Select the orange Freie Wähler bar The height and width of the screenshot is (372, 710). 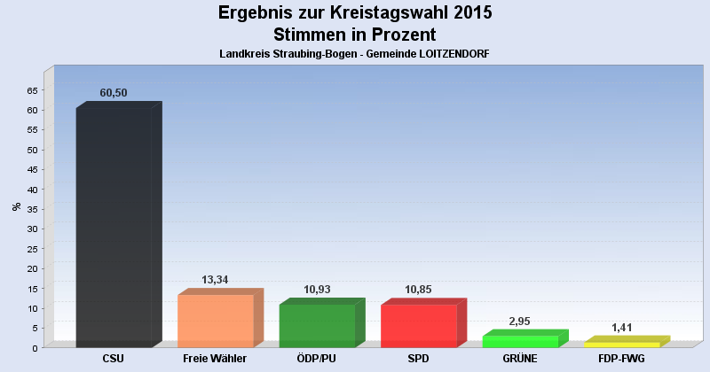[x=216, y=321]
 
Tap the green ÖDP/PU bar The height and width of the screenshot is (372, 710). [x=317, y=326]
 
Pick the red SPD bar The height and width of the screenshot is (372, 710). [x=418, y=326]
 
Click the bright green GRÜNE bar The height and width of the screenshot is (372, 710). [x=520, y=341]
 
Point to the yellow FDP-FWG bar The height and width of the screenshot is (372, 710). [x=621, y=344]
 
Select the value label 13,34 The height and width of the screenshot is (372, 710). [x=216, y=280]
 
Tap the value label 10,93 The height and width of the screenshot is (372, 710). [x=317, y=290]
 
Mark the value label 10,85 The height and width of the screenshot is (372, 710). [x=418, y=290]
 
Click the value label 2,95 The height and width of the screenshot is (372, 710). [x=520, y=322]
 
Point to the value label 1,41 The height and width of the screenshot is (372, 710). [x=621, y=328]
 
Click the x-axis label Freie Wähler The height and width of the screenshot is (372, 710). [x=215, y=359]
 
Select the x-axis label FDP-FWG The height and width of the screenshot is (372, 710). [x=621, y=359]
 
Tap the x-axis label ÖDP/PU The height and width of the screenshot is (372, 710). [x=317, y=359]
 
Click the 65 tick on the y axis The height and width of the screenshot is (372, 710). [x=33, y=90]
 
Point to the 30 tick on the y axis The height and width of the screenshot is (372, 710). [x=33, y=229]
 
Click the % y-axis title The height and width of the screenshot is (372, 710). [x=16, y=206]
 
